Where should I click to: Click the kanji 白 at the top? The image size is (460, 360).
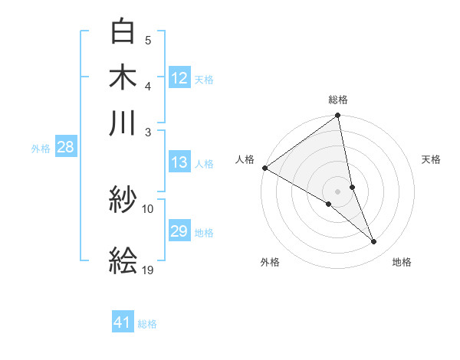123,32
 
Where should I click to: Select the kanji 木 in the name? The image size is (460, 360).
123,77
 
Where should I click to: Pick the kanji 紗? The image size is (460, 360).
123,201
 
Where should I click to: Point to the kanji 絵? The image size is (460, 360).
123,261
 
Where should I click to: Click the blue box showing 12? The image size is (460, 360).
179,78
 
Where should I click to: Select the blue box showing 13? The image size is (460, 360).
179,162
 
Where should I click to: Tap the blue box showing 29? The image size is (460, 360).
179,232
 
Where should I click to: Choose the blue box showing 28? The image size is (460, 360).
65,148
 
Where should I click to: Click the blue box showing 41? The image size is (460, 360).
123,323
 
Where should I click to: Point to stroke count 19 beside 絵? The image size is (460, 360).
148,270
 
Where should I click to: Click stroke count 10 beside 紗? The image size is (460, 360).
148,208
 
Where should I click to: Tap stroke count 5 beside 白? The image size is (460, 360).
148,41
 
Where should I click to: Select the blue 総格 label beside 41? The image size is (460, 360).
147,324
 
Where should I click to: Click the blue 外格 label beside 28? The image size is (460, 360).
40,149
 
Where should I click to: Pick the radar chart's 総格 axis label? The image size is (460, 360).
338,100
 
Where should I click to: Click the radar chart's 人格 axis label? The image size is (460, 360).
245,159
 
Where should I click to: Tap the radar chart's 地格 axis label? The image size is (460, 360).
402,263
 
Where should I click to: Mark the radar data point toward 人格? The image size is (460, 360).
264,168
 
